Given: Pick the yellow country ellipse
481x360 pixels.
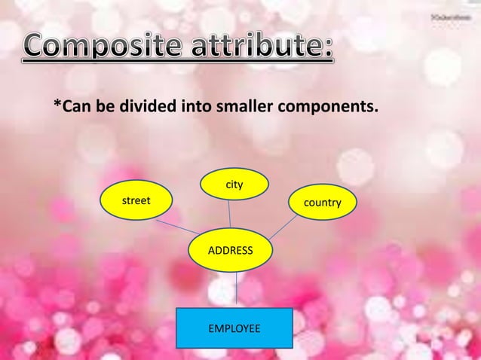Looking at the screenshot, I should click(322, 203).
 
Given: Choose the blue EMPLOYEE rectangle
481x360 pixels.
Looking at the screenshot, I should click(234, 328).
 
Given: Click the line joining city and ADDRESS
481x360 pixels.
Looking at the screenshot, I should click(230, 215).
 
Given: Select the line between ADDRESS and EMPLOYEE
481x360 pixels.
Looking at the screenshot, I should click(237, 288).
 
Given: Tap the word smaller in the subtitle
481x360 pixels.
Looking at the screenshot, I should click(246, 110).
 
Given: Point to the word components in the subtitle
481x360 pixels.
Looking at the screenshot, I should click(328, 110).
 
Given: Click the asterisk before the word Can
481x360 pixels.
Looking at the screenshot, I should click(57, 108).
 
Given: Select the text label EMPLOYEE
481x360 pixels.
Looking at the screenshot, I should click(234, 329).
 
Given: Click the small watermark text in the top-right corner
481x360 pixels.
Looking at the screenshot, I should click(446, 16).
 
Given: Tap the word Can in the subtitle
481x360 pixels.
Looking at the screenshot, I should click(76, 110).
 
